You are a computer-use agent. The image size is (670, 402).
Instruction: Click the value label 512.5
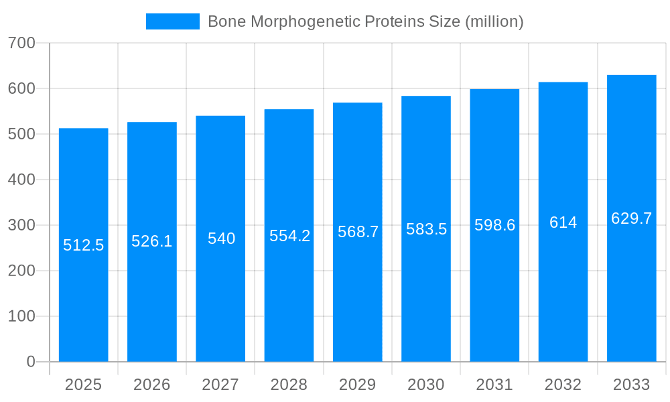pos(84,245)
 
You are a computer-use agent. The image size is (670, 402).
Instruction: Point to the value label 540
pos(220,239)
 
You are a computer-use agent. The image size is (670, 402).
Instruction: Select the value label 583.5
pos(426,229)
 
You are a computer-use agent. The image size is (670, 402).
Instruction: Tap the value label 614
pos(563,222)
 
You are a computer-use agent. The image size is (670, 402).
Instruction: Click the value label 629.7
pos(632,218)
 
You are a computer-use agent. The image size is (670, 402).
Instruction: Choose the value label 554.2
pos(289,236)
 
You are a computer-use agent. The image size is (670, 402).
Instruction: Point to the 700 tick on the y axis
pos(21,43)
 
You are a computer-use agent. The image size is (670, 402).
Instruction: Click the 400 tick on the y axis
pos(21,180)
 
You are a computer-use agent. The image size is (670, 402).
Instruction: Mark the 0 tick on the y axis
pos(31,362)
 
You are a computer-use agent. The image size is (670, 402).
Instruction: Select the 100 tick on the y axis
pos(21,316)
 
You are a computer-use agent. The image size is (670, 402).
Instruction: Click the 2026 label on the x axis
pos(152,385)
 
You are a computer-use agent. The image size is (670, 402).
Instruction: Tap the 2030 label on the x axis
pos(426,385)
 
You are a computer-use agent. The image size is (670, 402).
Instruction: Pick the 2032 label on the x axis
pos(563,385)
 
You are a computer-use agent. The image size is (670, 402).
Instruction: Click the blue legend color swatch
pos(173,21)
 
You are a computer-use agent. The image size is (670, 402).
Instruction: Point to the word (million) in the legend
pos(493,21)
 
